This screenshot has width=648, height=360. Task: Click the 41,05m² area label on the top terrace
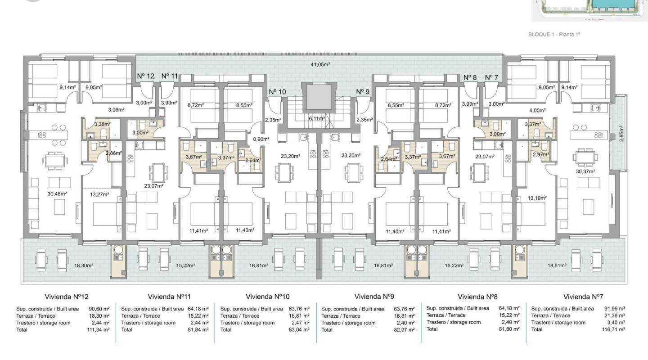point(320,64)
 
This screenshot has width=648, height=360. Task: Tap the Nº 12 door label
point(145,76)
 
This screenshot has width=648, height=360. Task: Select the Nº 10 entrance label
point(277,92)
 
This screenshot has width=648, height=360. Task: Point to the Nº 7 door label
point(491,77)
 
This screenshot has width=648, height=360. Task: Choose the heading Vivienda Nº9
point(374,297)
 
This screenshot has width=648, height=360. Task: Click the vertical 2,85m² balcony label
point(621,134)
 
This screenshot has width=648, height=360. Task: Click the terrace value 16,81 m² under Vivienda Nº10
point(300,316)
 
